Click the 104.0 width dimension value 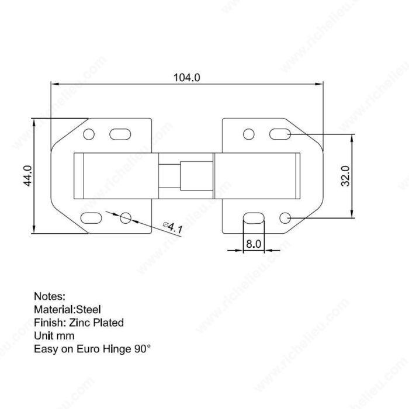(187, 78)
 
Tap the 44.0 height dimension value (27, 176)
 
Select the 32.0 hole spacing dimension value (345, 176)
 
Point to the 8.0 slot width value (254, 244)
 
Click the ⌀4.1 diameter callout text (173, 227)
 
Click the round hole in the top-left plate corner (89, 134)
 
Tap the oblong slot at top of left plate (120, 134)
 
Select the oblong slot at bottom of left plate (91, 218)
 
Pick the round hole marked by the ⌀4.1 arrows (126, 218)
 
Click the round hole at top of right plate (248, 134)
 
